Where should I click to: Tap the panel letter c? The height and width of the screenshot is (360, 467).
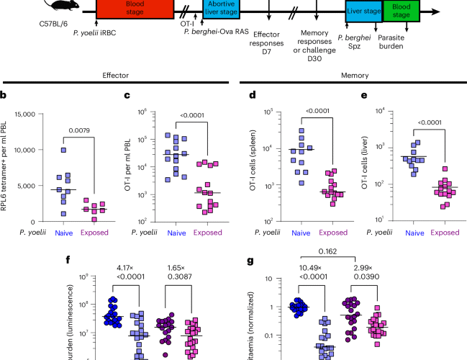click(127, 94)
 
